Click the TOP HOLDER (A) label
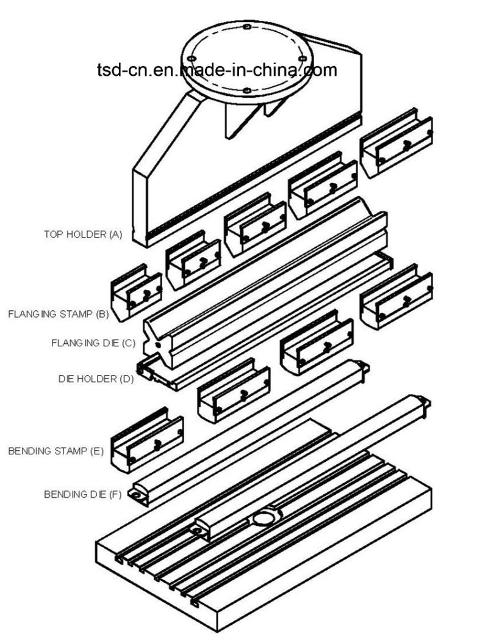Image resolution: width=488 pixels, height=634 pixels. [x=83, y=234]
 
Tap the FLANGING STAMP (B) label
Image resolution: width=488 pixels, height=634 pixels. [x=59, y=315]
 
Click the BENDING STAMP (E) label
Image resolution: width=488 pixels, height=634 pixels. [x=56, y=453]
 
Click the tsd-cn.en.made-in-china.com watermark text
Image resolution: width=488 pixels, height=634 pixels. [x=216, y=70]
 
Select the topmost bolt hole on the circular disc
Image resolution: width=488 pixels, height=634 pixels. [x=246, y=27]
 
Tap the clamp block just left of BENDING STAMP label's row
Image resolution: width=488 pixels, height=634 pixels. [x=147, y=440]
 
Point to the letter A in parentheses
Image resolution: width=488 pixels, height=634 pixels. [x=116, y=234]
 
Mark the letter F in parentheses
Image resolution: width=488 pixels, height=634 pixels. [x=115, y=495]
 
